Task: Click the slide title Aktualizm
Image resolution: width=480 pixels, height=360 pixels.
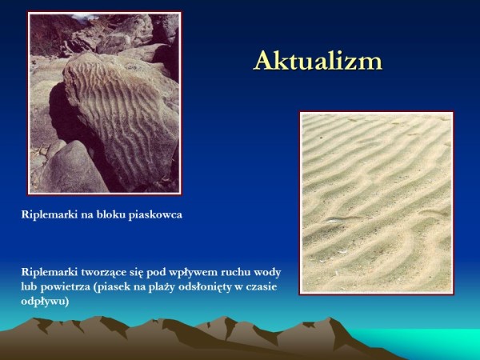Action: pyautogui.click(x=318, y=61)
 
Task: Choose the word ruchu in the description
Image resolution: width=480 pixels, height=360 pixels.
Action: pyautogui.click(x=236, y=273)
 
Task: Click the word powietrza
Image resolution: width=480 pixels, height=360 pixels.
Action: pyautogui.click(x=65, y=287)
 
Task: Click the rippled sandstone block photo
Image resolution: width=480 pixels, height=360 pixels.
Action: pyautogui.click(x=105, y=103)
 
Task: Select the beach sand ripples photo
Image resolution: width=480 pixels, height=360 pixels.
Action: pyautogui.click(x=376, y=202)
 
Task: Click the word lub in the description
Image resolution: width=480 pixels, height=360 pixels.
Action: pyautogui.click(x=29, y=287)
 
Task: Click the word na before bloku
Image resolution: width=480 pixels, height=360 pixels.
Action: pyautogui.click(x=86, y=215)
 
